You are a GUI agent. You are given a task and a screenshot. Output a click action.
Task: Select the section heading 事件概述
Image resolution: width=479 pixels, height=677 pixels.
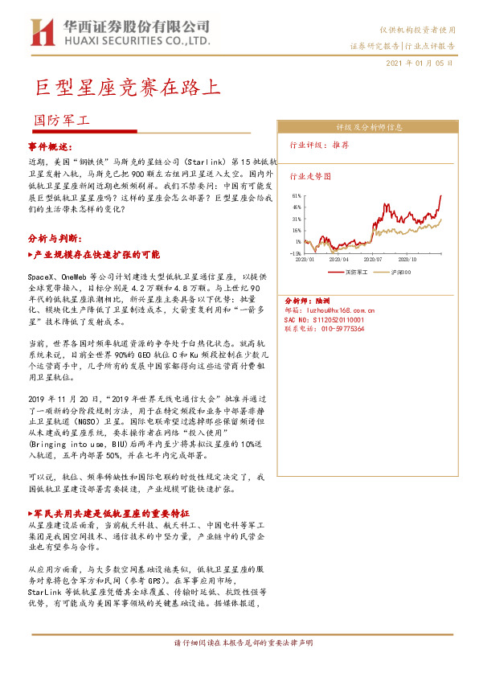click(50, 147)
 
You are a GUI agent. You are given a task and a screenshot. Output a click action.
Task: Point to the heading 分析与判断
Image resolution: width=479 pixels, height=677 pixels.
click(53, 238)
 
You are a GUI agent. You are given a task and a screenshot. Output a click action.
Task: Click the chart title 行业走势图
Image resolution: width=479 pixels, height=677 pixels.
click(309, 175)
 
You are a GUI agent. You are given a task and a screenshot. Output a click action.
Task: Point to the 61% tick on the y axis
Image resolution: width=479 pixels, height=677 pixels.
click(297, 195)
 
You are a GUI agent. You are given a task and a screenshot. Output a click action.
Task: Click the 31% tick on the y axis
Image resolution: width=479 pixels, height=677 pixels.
click(297, 219)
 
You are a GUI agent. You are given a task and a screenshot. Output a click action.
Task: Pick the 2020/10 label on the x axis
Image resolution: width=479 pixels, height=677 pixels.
click(408, 260)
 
